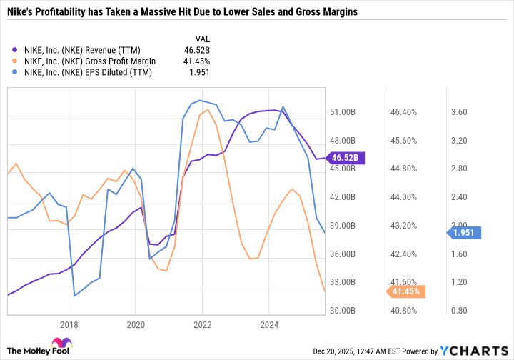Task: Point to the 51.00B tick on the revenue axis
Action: (x=343, y=112)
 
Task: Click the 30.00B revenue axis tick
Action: (x=343, y=311)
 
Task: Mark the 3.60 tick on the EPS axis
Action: (x=459, y=112)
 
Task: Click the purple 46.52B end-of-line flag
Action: (x=346, y=158)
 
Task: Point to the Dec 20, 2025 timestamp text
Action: (x=356, y=351)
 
